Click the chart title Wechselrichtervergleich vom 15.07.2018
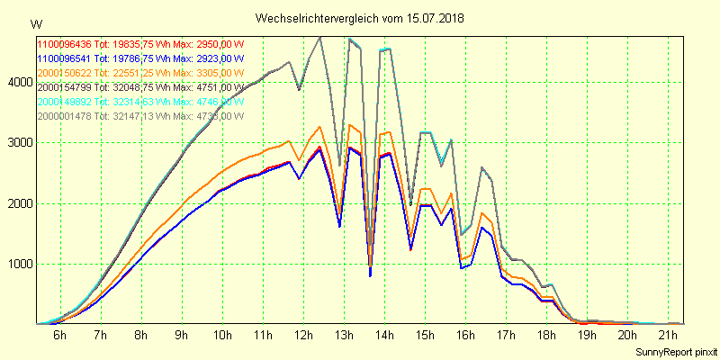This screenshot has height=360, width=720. pos(360,18)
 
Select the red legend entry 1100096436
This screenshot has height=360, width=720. pos(64,44)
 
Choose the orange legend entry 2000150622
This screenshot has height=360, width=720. pos(64,72)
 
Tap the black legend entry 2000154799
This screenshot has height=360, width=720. pos(64,86)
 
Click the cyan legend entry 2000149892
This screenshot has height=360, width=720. pos(64,101)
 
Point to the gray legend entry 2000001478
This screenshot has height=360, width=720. pos(64,115)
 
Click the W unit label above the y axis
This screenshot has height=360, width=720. pos(35,23)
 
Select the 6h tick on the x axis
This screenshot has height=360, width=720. pos(59,336)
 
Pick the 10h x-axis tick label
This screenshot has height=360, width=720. pos(221,336)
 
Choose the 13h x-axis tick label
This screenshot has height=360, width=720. pos(343,336)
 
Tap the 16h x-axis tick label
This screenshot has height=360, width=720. pos(465,336)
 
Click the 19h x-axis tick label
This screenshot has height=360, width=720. pos(587,336)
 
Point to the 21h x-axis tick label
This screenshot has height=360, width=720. pos(668,336)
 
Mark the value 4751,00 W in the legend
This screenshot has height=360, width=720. pos(218,86)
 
